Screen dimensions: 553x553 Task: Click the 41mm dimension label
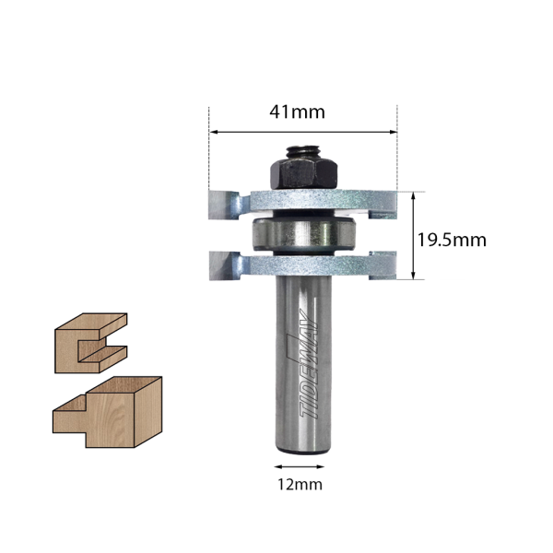pyautogui.click(x=297, y=112)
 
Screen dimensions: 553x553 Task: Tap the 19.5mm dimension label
pyautogui.click(x=452, y=241)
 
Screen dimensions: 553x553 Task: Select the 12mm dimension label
pyautogui.click(x=300, y=485)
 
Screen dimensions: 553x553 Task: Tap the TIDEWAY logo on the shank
pyautogui.click(x=308, y=364)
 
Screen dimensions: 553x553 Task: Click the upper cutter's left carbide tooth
pyautogui.click(x=219, y=205)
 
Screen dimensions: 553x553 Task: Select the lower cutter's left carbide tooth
pyautogui.click(x=219, y=265)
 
